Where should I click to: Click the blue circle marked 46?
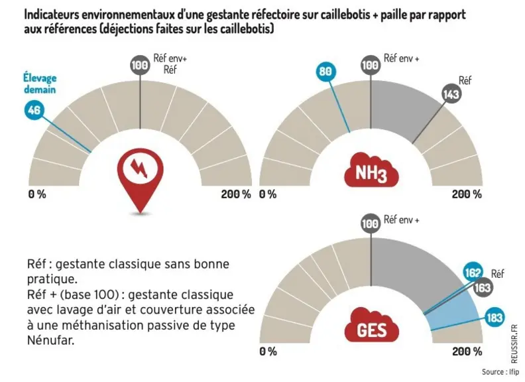pyautogui.click(x=34, y=110)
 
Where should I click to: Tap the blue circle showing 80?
pyautogui.click(x=325, y=72)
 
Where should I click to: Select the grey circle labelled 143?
pyautogui.click(x=451, y=94)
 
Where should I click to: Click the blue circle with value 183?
pyautogui.click(x=495, y=317)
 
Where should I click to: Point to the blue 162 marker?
pyautogui.click(x=473, y=272)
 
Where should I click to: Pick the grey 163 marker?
pyautogui.click(x=483, y=288)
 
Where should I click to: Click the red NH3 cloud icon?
pyautogui.click(x=371, y=170)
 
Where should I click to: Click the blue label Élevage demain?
pyautogui.click(x=40, y=84)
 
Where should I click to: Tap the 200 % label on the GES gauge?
pyautogui.click(x=467, y=351)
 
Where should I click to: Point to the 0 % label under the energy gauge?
pyautogui.click(x=37, y=194)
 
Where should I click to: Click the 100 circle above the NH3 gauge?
pyautogui.click(x=371, y=65)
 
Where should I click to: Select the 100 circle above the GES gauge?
pyautogui.click(x=371, y=223)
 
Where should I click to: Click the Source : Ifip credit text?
pyautogui.click(x=500, y=371)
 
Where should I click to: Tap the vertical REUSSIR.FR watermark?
pyautogui.click(x=514, y=344)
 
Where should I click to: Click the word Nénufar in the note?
pyautogui.click(x=50, y=340)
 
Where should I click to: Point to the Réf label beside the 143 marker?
pyautogui.click(x=465, y=80)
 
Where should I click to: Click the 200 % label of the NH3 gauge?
pyautogui.click(x=467, y=194)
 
